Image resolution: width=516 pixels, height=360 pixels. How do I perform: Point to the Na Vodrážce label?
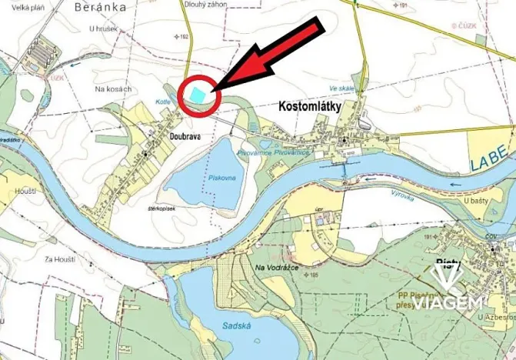pos(276,267)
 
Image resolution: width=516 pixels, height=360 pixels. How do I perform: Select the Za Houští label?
pos(60,259)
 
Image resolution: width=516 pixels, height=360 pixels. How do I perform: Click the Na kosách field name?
pos(112,90)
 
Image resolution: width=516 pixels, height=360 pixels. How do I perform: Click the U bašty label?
pos(477,200)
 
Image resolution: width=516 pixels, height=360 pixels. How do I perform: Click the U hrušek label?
pos(102,28)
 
